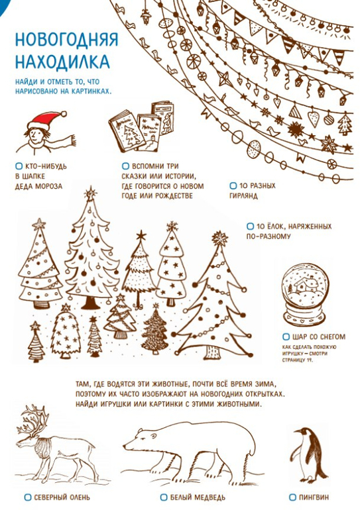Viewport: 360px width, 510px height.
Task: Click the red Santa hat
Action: tap(46, 120)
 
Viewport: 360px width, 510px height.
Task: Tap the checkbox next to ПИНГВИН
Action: tap(292, 497)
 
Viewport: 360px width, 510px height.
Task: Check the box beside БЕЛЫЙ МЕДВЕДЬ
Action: tap(164, 497)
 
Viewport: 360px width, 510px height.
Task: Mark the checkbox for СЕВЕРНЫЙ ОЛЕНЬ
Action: tap(28, 497)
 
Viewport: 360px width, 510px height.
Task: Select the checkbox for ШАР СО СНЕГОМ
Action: tap(286, 336)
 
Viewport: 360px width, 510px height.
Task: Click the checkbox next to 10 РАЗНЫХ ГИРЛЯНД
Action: tap(233, 185)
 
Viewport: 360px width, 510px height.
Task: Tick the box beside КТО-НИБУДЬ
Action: tap(19, 166)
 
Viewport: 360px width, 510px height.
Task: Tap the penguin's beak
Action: tap(297, 432)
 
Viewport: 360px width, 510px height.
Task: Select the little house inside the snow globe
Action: tap(304, 285)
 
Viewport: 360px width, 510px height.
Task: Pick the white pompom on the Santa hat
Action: tap(64, 114)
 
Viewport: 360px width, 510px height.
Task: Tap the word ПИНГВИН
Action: tap(314, 497)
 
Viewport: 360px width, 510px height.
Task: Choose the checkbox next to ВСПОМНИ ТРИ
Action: tap(125, 166)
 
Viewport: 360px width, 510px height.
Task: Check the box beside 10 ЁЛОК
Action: tap(250, 226)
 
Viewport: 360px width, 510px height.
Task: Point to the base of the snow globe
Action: tap(304, 317)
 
